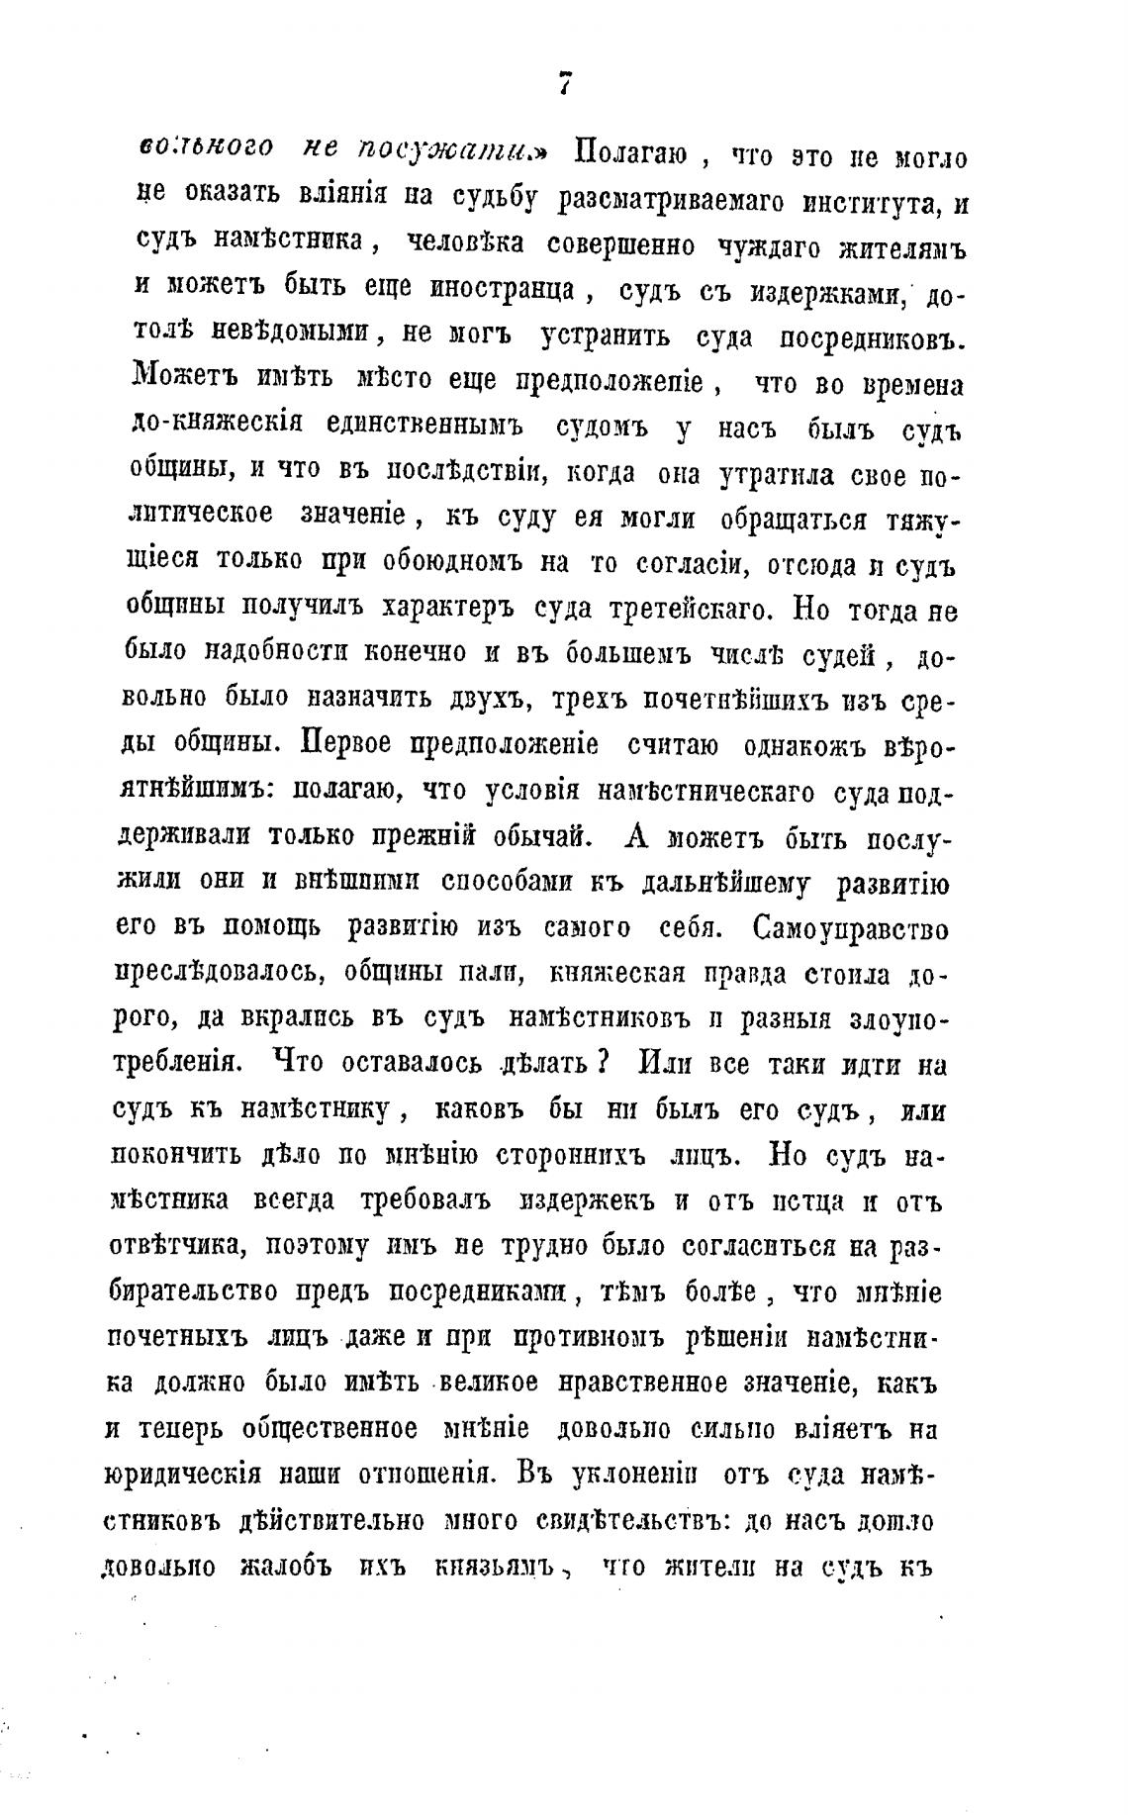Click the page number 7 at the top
[565, 86]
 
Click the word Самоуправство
[850, 928]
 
